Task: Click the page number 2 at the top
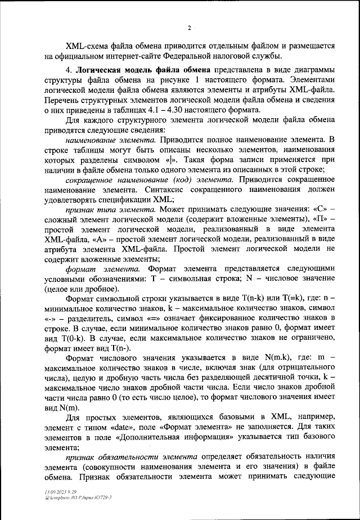tap(189, 28)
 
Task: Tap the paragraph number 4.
tap(68, 70)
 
